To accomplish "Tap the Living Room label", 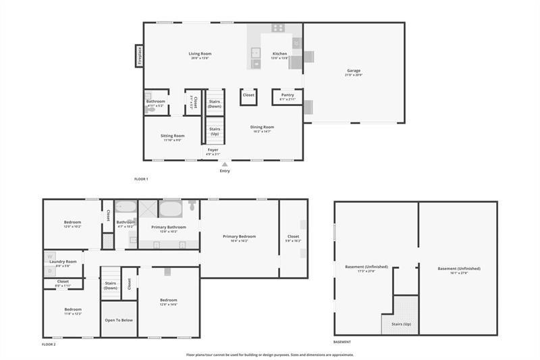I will [200, 53].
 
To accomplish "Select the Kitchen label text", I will [279, 53].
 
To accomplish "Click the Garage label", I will [354, 70].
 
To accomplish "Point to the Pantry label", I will [288, 95].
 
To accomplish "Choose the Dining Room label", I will [262, 127].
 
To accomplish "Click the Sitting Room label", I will [173, 136].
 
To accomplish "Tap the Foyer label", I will [213, 150].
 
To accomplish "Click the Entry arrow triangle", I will [225, 163].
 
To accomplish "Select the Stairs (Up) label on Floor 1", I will [215, 130].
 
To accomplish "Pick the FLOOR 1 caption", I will [141, 179].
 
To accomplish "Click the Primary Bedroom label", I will [240, 236].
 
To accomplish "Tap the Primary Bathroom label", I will [169, 227].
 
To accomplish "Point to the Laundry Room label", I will [66, 261].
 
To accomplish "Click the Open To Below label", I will [119, 321].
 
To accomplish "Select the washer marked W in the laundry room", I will [49, 257].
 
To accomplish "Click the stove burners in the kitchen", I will [277, 28].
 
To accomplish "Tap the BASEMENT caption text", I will [342, 342].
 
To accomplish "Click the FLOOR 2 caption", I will [49, 344].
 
